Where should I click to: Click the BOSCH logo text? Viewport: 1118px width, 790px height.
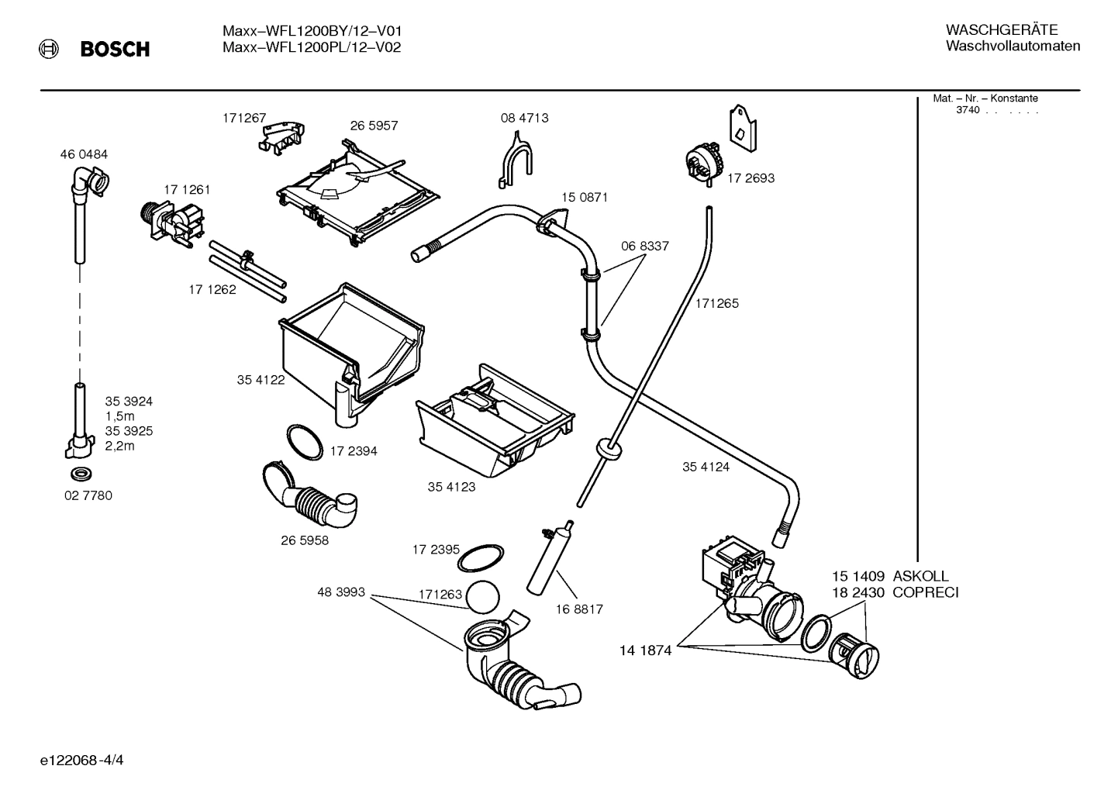coord(115,50)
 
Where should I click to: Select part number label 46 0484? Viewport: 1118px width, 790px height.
coord(84,154)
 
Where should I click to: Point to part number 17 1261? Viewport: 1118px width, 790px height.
coord(186,189)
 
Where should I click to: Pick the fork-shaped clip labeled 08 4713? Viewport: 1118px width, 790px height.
coord(515,159)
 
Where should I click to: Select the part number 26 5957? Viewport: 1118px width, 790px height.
coord(374,126)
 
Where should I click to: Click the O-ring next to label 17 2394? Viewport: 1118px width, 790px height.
coord(305,443)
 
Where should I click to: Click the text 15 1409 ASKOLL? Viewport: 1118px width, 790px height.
coord(890,576)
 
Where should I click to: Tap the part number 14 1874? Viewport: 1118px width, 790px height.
coord(645,650)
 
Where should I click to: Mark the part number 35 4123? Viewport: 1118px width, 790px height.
coord(451,487)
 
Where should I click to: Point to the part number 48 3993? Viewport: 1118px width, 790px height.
coord(340,592)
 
